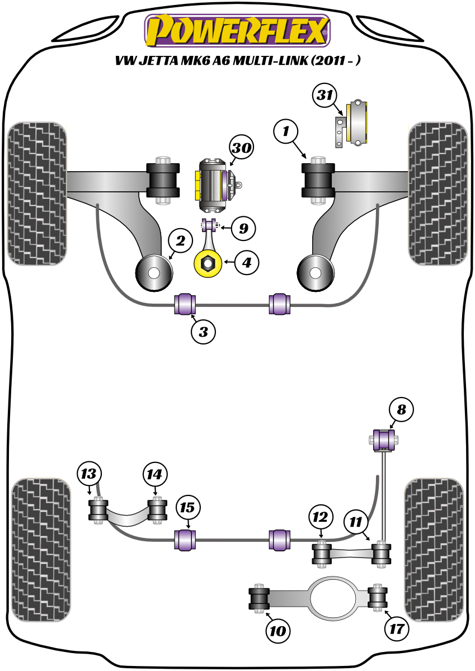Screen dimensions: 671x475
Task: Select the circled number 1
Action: pyautogui.click(x=286, y=133)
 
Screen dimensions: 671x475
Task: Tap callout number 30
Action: pyautogui.click(x=241, y=148)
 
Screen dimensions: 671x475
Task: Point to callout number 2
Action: pyautogui.click(x=180, y=242)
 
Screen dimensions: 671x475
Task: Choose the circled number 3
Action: pyautogui.click(x=203, y=332)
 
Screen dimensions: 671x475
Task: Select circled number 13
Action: pyautogui.click(x=90, y=474)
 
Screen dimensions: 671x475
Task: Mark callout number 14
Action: pyautogui.click(x=155, y=474)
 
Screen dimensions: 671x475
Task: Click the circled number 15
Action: pyautogui.click(x=187, y=508)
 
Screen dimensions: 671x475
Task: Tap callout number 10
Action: pyautogui.click(x=278, y=631)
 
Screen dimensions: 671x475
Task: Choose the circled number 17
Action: pyautogui.click(x=396, y=629)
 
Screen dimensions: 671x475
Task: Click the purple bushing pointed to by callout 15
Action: pyautogui.click(x=186, y=539)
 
